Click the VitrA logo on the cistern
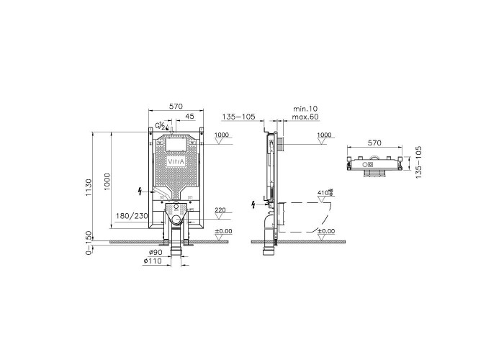point(176,162)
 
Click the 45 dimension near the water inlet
point(190,116)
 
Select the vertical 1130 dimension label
point(89,187)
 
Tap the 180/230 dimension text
point(132,216)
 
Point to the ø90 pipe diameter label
point(156,253)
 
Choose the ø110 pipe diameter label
point(153,261)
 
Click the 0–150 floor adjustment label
point(89,243)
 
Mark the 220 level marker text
point(220,210)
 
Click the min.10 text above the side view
point(305,109)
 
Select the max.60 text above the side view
point(305,117)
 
